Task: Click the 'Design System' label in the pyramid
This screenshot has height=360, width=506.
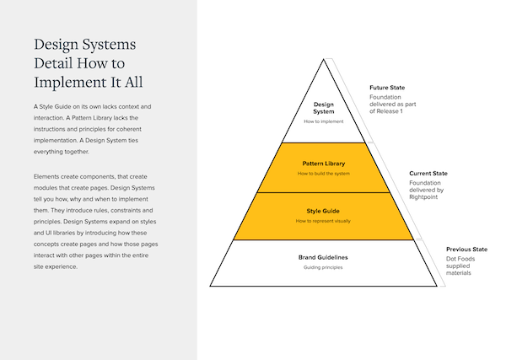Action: click(x=323, y=107)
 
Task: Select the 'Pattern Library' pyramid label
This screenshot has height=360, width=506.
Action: click(x=323, y=163)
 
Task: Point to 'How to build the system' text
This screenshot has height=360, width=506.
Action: click(x=323, y=174)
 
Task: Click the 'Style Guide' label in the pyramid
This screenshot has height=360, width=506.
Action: click(x=323, y=210)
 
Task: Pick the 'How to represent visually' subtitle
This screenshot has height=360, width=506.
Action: click(x=323, y=221)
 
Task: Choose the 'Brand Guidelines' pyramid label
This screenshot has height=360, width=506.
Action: click(x=323, y=256)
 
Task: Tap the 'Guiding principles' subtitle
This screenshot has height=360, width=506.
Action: click(x=323, y=267)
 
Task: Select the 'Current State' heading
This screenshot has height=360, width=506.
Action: click(x=428, y=174)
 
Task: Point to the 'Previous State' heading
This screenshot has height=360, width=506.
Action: click(x=467, y=250)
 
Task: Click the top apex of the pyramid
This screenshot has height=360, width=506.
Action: click(x=324, y=59)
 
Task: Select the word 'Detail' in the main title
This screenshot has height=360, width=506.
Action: click(x=59, y=63)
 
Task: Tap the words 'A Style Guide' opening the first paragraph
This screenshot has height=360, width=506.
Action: click(x=55, y=107)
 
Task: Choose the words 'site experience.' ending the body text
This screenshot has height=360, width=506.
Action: click(x=56, y=267)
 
